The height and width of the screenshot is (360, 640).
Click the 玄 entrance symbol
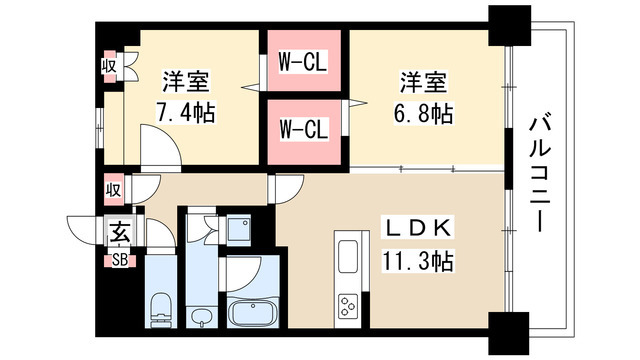[117, 234]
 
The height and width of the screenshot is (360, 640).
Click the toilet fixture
[159, 308]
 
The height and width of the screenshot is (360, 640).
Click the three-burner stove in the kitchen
[349, 303]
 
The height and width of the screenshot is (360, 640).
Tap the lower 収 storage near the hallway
[115, 187]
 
